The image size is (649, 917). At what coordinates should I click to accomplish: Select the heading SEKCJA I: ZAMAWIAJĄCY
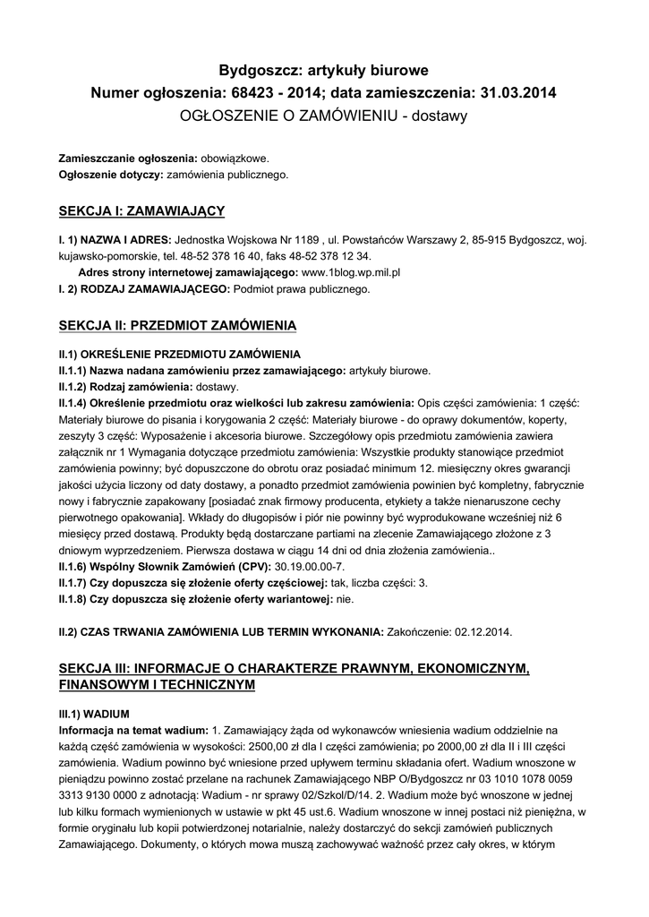141,211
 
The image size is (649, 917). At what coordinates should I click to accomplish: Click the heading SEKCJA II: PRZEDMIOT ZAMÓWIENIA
177,324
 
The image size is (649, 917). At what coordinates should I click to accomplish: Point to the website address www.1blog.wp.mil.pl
351,271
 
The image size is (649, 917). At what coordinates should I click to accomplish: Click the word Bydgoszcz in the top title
260,69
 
